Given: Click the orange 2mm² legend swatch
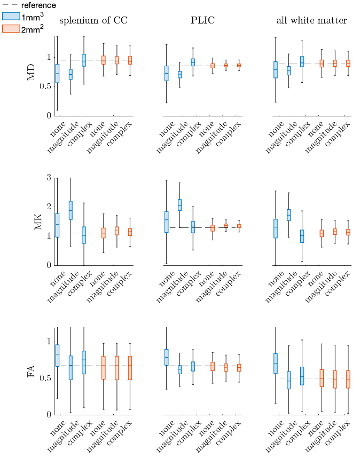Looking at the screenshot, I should pos(11,29).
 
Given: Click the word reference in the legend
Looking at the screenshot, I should pos(38,5).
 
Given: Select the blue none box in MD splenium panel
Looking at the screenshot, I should pos(57,73).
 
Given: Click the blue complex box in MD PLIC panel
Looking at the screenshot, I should pos(193,62).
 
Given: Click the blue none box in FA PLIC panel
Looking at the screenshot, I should pos(167,357).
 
